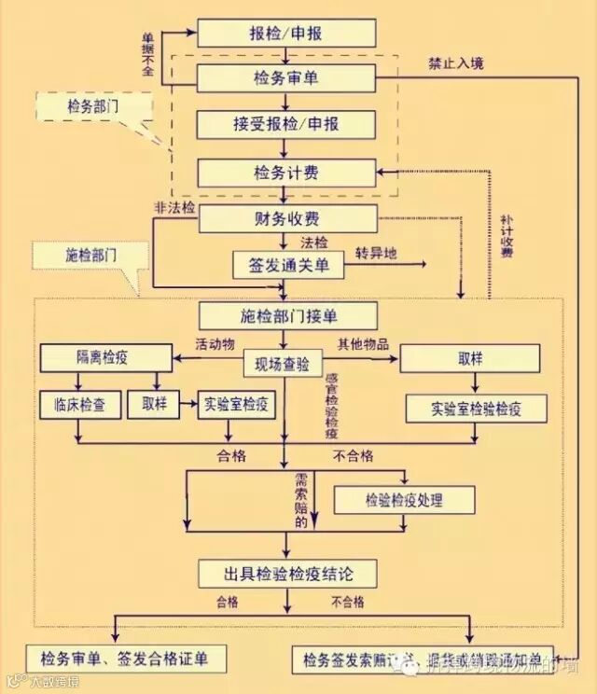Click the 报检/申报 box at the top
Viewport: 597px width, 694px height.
(286, 33)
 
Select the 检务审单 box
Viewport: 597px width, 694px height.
(286, 77)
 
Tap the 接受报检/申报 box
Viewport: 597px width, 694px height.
(286, 124)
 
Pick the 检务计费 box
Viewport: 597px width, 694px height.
(286, 173)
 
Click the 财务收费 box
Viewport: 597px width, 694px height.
(286, 220)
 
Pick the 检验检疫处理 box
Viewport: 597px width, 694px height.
(404, 500)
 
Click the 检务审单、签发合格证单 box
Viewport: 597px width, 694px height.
(124, 659)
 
